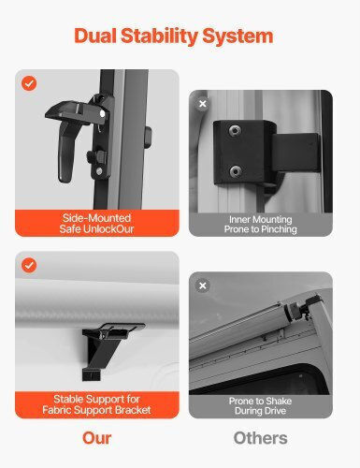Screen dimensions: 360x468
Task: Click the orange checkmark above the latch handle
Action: (29, 83)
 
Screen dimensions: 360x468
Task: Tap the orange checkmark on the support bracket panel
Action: (29, 265)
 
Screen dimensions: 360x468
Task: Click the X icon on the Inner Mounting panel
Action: (203, 104)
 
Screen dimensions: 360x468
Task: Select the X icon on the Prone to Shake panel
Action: (203, 285)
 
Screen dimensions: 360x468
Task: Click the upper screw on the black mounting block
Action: (235, 130)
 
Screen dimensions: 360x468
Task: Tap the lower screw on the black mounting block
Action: (236, 171)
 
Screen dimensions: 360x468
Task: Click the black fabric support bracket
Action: (109, 349)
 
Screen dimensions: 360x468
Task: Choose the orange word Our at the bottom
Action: (96, 438)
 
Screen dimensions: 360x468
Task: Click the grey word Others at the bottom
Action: (260, 438)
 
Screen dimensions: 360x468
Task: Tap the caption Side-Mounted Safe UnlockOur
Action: (96, 224)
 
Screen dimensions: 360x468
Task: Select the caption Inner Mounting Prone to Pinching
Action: (261, 225)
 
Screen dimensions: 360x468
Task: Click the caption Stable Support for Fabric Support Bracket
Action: (96, 404)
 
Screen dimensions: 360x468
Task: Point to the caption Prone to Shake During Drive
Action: (260, 405)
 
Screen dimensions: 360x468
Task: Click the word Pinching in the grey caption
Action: (279, 229)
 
